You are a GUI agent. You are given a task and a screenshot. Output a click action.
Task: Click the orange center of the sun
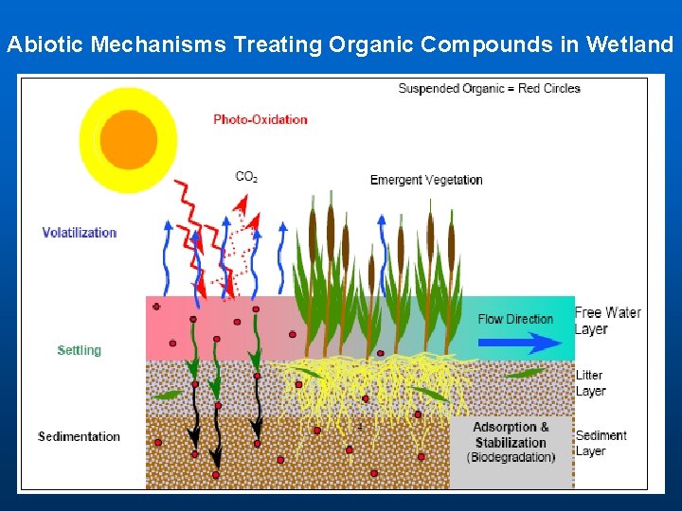click(128, 139)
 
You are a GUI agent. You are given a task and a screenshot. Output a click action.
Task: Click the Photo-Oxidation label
click(260, 119)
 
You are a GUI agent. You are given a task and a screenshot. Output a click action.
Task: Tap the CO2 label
click(246, 176)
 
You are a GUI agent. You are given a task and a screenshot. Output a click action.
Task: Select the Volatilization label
click(80, 233)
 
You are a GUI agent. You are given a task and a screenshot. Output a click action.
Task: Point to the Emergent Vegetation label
click(426, 180)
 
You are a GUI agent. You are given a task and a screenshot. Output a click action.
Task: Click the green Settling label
click(79, 350)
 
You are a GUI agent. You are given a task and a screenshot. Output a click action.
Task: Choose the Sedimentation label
click(79, 436)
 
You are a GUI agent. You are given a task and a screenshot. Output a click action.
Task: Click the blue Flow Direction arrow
click(520, 343)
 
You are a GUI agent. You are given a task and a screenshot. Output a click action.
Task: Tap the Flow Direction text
click(515, 319)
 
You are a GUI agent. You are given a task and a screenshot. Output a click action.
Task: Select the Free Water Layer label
click(607, 321)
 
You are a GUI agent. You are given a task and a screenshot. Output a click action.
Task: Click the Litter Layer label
click(590, 383)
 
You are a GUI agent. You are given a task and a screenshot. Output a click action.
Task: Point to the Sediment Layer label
click(601, 443)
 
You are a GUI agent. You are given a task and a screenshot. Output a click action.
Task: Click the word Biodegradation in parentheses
click(511, 458)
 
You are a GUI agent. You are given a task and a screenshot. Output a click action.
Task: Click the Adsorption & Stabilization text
click(511, 434)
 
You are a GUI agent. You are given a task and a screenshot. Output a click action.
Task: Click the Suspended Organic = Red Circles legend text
click(489, 89)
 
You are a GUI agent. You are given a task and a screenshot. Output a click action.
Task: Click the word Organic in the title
click(371, 44)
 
